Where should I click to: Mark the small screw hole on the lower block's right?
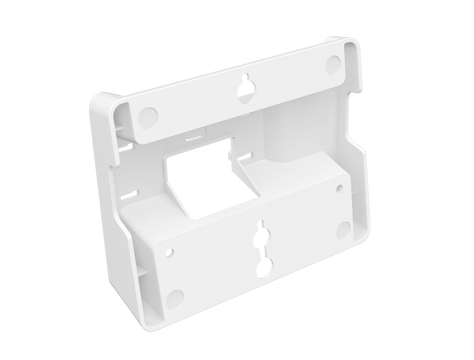339,188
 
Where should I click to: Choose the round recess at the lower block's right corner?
343,230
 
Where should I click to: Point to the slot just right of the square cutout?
245,156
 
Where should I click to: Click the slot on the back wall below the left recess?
125,148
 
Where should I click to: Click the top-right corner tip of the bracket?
355,41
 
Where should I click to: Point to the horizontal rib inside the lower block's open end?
147,273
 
